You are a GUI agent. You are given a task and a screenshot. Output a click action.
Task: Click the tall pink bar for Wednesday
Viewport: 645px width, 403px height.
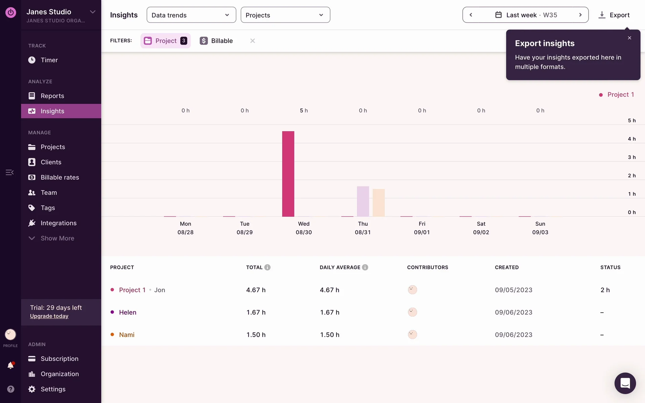pos(288,174)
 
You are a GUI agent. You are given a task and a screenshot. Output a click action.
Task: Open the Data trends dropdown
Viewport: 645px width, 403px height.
pos(191,15)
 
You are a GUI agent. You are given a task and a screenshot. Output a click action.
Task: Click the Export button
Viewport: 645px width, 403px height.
pos(614,15)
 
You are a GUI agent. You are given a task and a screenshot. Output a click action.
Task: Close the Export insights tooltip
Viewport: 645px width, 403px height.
pos(630,38)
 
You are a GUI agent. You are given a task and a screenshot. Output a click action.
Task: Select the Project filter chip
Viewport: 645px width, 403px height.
pos(166,41)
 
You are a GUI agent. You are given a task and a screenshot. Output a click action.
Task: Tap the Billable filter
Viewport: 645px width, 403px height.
pos(216,41)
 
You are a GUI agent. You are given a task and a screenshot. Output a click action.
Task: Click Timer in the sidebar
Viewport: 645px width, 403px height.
pos(49,60)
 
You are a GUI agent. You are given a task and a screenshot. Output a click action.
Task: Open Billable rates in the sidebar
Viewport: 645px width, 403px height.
pos(60,177)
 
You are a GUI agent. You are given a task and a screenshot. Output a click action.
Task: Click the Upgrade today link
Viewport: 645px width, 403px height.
pos(49,316)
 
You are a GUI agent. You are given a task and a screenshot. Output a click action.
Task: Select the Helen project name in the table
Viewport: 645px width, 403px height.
pos(128,312)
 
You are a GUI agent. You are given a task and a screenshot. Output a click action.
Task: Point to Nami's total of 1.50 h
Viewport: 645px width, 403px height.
pos(256,335)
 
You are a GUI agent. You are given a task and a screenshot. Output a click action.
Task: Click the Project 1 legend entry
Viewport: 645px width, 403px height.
pos(620,95)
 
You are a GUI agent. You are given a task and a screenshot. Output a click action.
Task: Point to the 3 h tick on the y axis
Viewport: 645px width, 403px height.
pos(632,157)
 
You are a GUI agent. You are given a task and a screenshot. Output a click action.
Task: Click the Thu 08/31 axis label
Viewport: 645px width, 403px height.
pos(363,228)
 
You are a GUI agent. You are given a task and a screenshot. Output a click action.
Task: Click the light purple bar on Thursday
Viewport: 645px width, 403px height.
pos(363,201)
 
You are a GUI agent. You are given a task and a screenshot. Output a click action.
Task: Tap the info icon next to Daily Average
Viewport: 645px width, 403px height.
pos(365,267)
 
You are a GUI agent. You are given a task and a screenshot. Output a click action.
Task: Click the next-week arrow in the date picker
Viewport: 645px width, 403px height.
pos(580,15)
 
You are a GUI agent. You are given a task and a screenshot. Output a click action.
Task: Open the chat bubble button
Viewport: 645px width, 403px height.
pos(625,383)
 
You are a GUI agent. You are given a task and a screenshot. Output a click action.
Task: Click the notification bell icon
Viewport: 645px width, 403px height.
pos(10,365)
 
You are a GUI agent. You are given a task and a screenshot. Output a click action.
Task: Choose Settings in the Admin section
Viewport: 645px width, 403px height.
pos(53,389)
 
